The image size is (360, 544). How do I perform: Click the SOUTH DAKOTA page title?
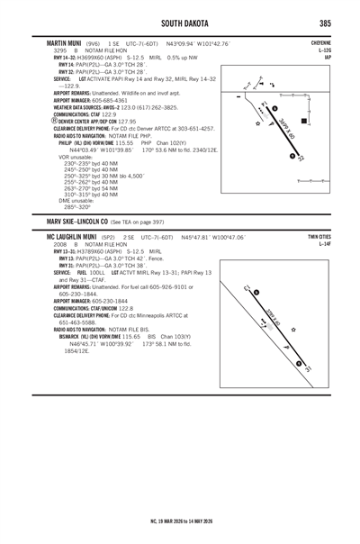coord(180,22)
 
